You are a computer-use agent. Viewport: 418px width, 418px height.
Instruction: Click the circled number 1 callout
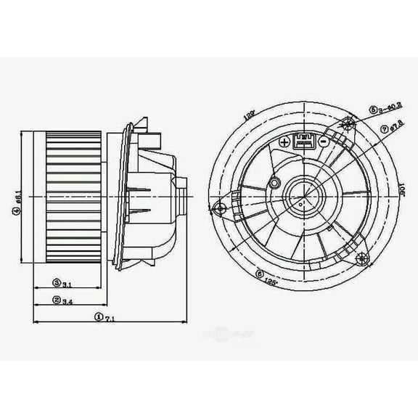(98, 316)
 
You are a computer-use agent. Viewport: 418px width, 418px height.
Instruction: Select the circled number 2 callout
(56, 300)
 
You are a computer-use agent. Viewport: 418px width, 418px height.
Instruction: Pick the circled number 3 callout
(56, 282)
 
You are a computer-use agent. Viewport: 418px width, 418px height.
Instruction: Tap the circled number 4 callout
(15, 211)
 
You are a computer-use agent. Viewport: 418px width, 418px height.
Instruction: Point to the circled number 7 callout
(384, 129)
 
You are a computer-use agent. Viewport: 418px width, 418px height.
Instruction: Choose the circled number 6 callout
(259, 274)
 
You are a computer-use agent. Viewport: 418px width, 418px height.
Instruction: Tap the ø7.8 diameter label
(396, 129)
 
